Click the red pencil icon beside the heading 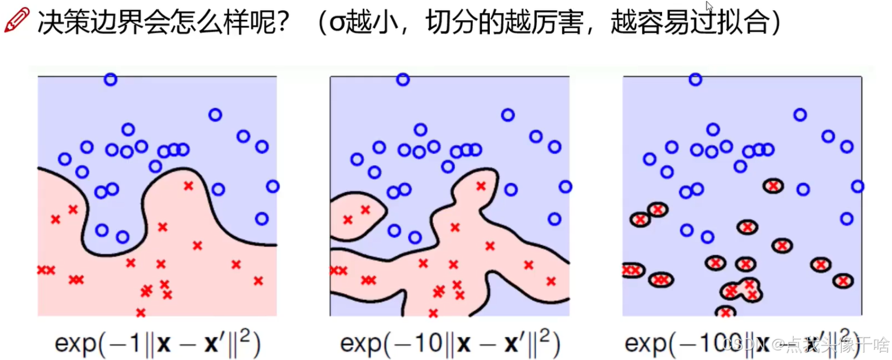(16, 20)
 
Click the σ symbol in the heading (337, 23)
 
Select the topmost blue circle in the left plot (111, 80)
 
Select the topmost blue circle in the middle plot (403, 80)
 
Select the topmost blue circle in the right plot (695, 80)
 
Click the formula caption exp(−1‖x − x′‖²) (158, 342)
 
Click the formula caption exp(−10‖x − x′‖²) (450, 342)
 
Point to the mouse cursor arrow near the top (709, 6)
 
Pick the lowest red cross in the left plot (141, 313)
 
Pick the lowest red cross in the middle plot (433, 313)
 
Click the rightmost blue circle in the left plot (273, 186)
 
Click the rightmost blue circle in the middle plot (565, 186)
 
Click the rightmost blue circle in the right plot (858, 186)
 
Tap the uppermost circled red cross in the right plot (773, 185)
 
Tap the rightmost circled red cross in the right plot (843, 280)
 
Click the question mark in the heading (282, 23)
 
